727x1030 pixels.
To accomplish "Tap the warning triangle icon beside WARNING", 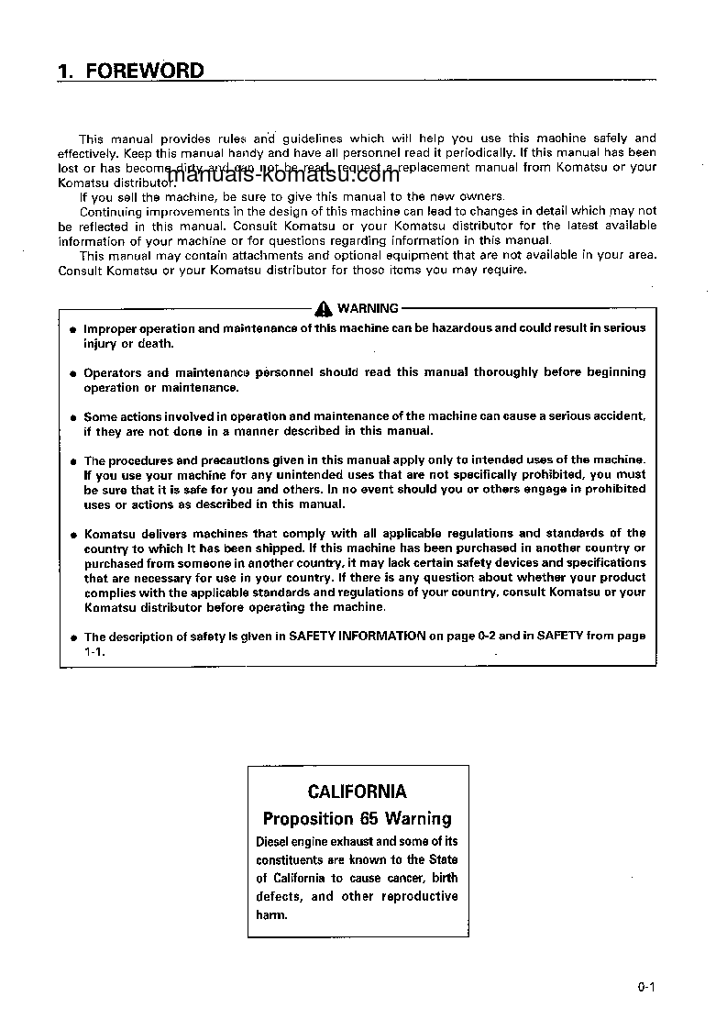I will coord(324,309).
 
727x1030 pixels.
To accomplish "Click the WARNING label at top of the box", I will coord(368,309).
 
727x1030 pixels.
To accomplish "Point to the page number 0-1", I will coord(646,987).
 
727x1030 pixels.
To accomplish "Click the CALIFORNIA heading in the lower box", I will coord(358,792).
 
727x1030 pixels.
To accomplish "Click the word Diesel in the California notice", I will coord(273,841).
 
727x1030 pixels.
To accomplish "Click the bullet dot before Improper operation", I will coord(72,329).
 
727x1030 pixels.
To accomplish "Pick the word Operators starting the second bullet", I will coord(113,372).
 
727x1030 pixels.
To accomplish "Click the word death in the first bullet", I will coord(155,344).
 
